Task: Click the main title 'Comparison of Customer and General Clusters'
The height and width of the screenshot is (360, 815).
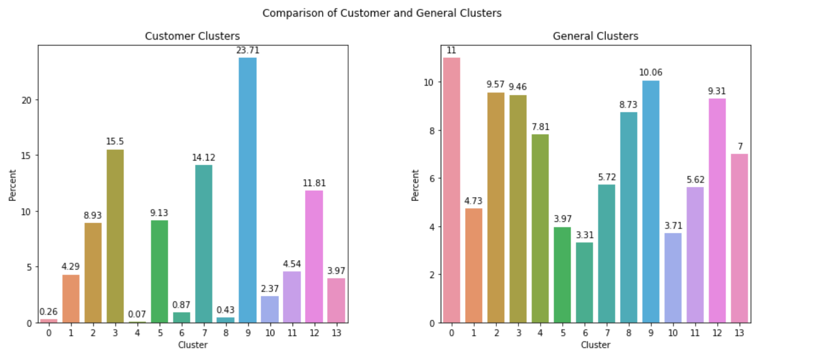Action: (x=382, y=13)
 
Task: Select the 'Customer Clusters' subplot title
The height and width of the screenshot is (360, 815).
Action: (x=192, y=36)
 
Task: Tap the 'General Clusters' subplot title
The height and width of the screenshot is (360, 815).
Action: (x=595, y=36)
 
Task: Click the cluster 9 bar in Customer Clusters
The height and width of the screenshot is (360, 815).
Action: (x=247, y=190)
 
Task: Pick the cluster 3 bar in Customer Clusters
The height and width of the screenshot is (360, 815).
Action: (x=115, y=236)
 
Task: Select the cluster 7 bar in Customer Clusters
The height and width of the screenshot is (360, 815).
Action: (x=203, y=244)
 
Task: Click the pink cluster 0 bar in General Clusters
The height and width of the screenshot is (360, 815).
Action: (x=452, y=190)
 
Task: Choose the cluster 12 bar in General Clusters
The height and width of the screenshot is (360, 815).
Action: (x=717, y=211)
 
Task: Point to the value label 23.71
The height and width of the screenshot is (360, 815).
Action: (x=247, y=51)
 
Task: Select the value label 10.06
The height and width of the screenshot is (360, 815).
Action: (x=650, y=73)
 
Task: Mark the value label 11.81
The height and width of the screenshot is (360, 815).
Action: (x=314, y=183)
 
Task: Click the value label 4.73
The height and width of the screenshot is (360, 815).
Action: (x=474, y=201)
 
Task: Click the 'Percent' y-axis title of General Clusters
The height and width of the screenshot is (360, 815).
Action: (x=415, y=185)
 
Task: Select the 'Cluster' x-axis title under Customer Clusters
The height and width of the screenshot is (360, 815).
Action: (x=192, y=345)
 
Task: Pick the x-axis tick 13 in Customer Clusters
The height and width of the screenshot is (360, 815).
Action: (x=336, y=333)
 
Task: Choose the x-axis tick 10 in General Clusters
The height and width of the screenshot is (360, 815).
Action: (x=672, y=333)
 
